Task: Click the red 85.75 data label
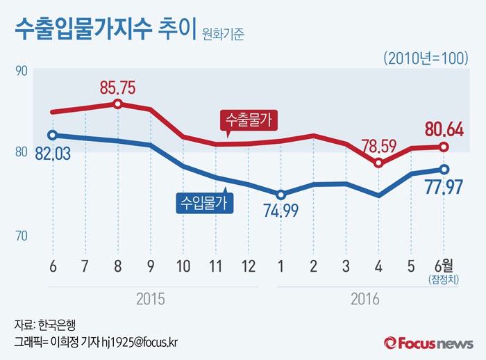pos(117,88)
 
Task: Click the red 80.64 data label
pos(445,129)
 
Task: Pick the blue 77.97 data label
pos(445,188)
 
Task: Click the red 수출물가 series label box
pos(249,121)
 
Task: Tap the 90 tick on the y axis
pos(20,69)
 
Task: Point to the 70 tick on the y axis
pos(20,236)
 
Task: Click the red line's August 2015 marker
pos(117,104)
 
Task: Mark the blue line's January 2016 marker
pos(280,195)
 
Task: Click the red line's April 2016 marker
pos(379,163)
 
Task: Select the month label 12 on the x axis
pos(248,266)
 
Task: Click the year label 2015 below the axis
pos(150,300)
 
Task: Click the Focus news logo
pos(428,343)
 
